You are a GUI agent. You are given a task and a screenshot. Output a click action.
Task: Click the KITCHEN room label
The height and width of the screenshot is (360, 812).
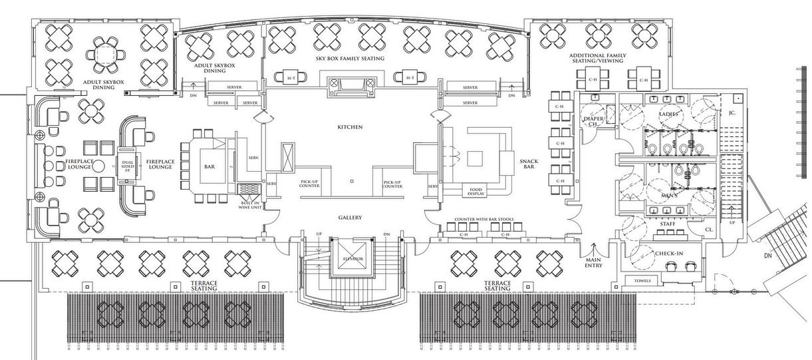click(350, 126)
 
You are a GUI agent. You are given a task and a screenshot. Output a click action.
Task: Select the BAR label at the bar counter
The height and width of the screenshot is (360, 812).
click(209, 167)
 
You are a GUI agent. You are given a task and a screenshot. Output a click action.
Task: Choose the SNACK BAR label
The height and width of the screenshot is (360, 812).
click(529, 163)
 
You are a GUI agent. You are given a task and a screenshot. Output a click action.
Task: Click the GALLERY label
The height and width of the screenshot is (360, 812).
click(350, 218)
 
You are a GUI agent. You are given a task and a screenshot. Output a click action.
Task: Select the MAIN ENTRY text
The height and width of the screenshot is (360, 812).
click(593, 263)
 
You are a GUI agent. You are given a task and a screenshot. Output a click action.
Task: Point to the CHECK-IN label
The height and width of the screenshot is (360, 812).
click(669, 254)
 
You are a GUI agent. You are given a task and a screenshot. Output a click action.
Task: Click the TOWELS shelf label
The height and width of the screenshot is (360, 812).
click(642, 281)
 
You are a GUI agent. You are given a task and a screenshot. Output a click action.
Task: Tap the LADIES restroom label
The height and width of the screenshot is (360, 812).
click(668, 114)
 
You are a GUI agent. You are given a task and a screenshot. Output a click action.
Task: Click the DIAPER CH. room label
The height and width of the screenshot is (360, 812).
click(593, 121)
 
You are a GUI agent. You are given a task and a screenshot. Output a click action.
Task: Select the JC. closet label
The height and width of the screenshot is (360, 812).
click(732, 113)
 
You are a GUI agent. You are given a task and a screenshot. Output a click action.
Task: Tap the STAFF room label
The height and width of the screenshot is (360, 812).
click(668, 224)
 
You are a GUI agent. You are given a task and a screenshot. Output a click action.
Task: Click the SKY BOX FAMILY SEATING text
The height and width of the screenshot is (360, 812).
click(350, 59)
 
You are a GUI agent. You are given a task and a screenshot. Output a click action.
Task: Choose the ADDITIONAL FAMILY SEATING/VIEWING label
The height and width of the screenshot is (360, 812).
click(598, 58)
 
